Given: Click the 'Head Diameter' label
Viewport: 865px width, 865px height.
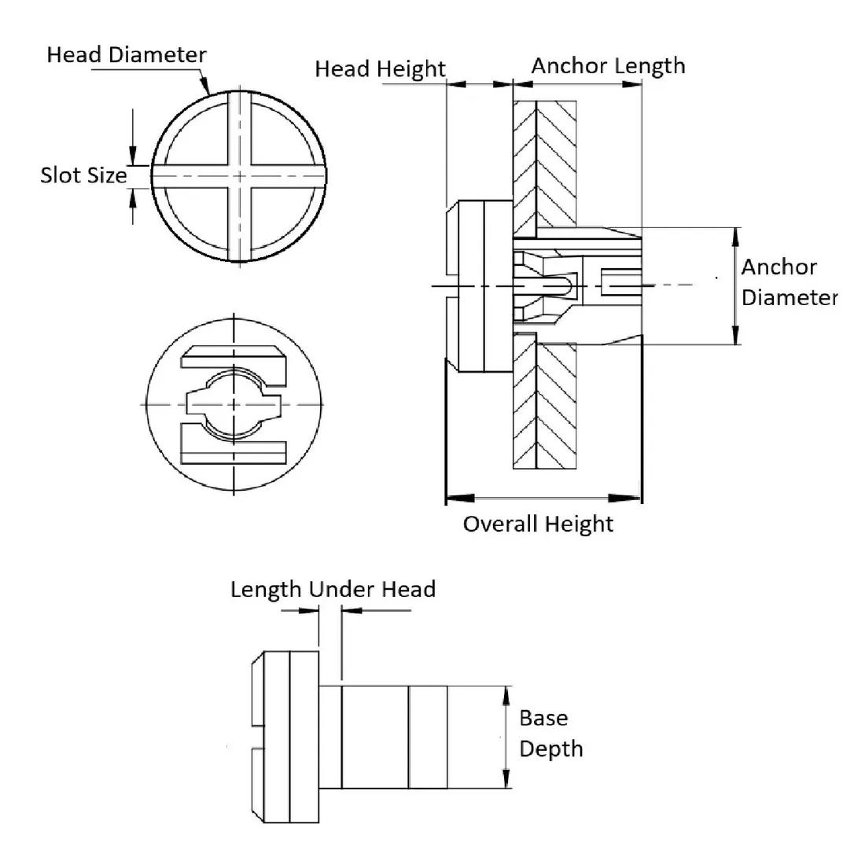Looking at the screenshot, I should click(x=126, y=55).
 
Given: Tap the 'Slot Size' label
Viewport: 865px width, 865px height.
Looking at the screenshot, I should click(x=83, y=175).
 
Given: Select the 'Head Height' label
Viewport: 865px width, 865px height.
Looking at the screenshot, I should click(x=380, y=69).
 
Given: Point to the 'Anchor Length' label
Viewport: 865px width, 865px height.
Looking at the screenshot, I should click(x=608, y=65).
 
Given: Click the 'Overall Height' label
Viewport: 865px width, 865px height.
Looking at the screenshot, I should click(x=538, y=524).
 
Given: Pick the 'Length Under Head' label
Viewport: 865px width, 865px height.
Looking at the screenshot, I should click(x=333, y=589).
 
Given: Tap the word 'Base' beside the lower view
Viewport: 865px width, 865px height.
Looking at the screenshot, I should click(x=543, y=718).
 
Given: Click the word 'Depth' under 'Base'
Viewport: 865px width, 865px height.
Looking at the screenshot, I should click(x=551, y=749).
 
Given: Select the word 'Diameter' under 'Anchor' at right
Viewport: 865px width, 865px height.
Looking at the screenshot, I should click(x=790, y=297).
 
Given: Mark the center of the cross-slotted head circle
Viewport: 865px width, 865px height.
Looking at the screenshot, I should click(x=238, y=176).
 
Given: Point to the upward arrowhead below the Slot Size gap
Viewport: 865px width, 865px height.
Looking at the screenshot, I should click(x=132, y=197).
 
